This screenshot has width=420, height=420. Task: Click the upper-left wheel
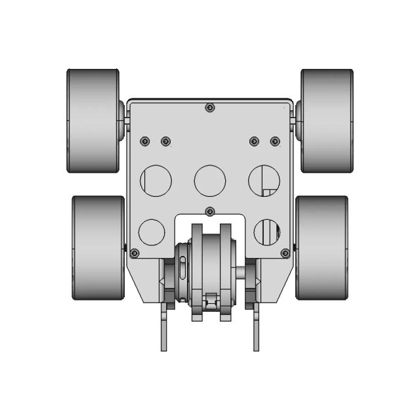click(x=93, y=121)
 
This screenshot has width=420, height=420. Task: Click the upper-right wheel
click(x=327, y=121)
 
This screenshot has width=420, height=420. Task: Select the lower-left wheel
click(x=98, y=248)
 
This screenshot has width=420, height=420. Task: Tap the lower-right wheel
click(x=322, y=248)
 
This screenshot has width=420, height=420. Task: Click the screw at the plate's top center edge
click(x=209, y=108)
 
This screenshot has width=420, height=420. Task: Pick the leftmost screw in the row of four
click(x=145, y=141)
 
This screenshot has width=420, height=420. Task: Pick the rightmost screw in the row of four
click(x=275, y=141)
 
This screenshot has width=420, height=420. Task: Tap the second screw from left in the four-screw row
click(x=165, y=141)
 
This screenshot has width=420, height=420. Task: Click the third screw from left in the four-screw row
click(x=254, y=141)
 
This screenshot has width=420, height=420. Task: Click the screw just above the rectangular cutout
click(x=210, y=211)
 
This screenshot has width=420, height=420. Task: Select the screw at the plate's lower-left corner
click(x=135, y=253)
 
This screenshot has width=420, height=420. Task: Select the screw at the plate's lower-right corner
click(x=285, y=253)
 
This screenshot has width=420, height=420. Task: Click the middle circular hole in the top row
click(x=210, y=179)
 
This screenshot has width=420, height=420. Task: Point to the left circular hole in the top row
click(x=157, y=179)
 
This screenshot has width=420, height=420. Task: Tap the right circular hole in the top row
click(x=264, y=179)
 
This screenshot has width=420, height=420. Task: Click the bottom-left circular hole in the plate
click(x=152, y=232)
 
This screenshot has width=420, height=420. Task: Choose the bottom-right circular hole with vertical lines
click(x=267, y=232)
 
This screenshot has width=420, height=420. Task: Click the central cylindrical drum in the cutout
click(x=210, y=269)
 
